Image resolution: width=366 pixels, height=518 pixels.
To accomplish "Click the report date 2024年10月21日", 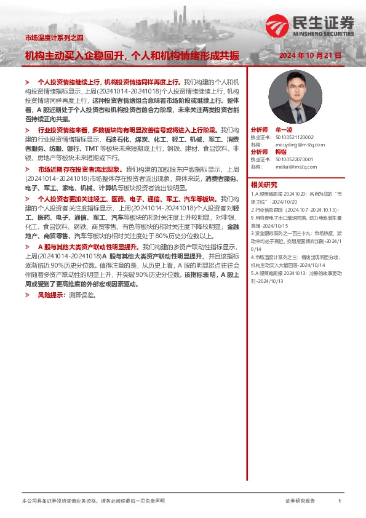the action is point(310,55).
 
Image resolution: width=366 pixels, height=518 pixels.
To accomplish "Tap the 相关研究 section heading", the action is point(263,185).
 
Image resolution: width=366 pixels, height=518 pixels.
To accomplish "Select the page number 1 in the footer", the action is point(340,501).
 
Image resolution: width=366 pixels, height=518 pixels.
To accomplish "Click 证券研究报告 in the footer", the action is point(300,501).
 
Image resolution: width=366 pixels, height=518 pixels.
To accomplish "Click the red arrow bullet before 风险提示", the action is point(28,295).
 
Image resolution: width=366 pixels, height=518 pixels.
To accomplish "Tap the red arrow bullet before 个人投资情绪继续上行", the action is point(28,81).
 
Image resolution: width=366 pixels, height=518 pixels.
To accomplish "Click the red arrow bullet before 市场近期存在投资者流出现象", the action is point(28,169).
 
